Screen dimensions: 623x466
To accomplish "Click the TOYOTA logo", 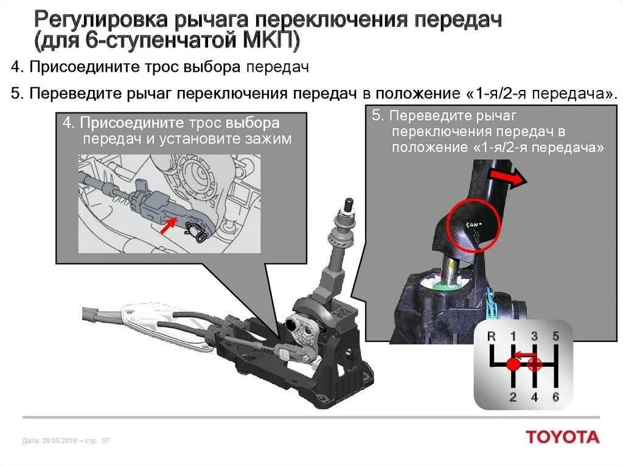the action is [563, 437].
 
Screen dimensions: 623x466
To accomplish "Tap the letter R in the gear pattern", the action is [492, 336].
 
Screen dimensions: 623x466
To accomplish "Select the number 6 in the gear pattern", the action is [555, 398].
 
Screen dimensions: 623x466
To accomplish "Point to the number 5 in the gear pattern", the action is [555, 336].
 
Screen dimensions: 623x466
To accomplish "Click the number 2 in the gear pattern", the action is [512, 398].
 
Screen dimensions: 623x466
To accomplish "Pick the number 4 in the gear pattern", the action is [534, 398].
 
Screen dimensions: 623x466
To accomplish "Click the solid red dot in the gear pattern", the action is [512, 365].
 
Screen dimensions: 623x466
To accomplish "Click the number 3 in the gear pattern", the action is [534, 336].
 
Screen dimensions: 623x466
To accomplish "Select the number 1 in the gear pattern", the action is [513, 336].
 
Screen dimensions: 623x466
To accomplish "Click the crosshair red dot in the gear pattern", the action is [534, 365].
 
